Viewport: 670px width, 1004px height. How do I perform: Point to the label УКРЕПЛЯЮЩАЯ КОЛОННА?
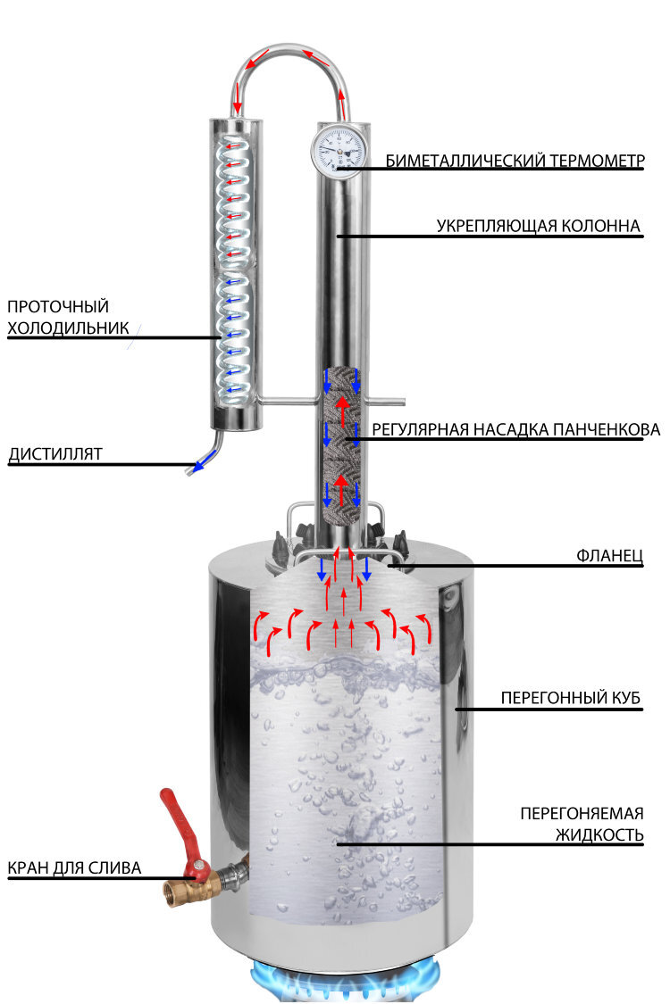pyautogui.click(x=539, y=227)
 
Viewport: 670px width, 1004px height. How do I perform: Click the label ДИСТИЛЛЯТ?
pyautogui.click(x=54, y=454)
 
